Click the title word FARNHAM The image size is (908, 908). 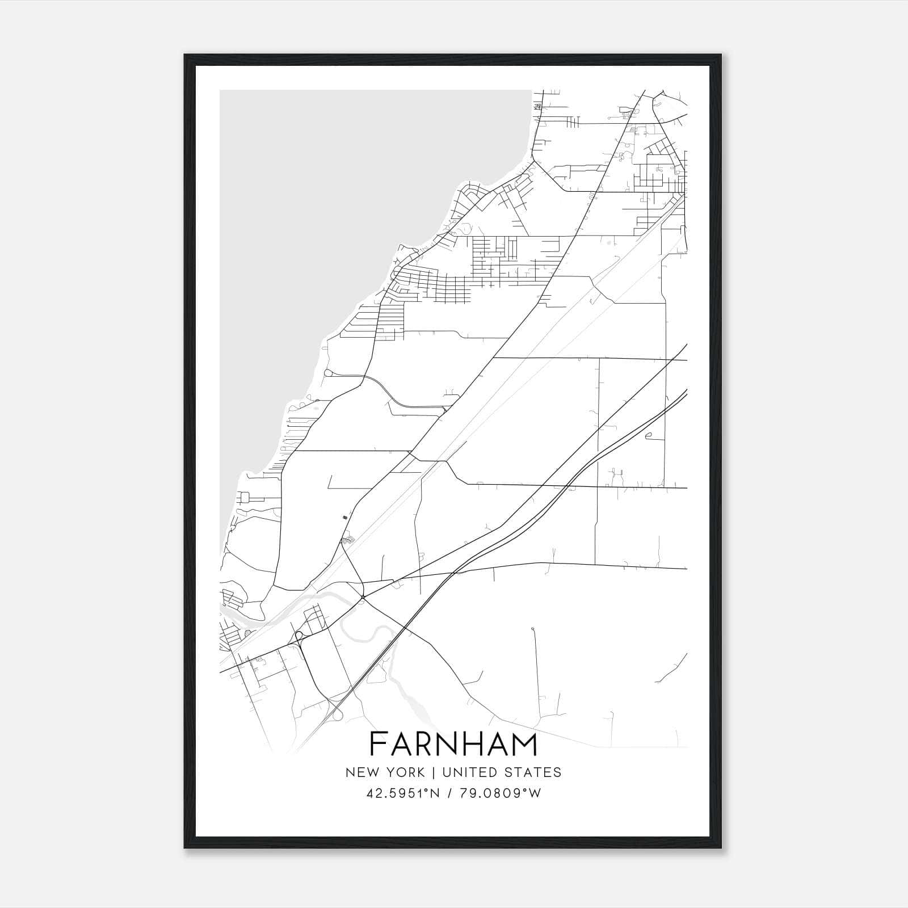(453, 744)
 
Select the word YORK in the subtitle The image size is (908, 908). (405, 772)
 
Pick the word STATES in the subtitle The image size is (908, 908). (533, 772)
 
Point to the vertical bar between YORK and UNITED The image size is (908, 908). (433, 772)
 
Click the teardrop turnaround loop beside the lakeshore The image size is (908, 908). (328, 373)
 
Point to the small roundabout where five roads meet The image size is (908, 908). (363, 597)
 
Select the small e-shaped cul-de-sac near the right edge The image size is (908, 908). (648, 436)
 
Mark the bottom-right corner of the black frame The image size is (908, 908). (721, 848)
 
